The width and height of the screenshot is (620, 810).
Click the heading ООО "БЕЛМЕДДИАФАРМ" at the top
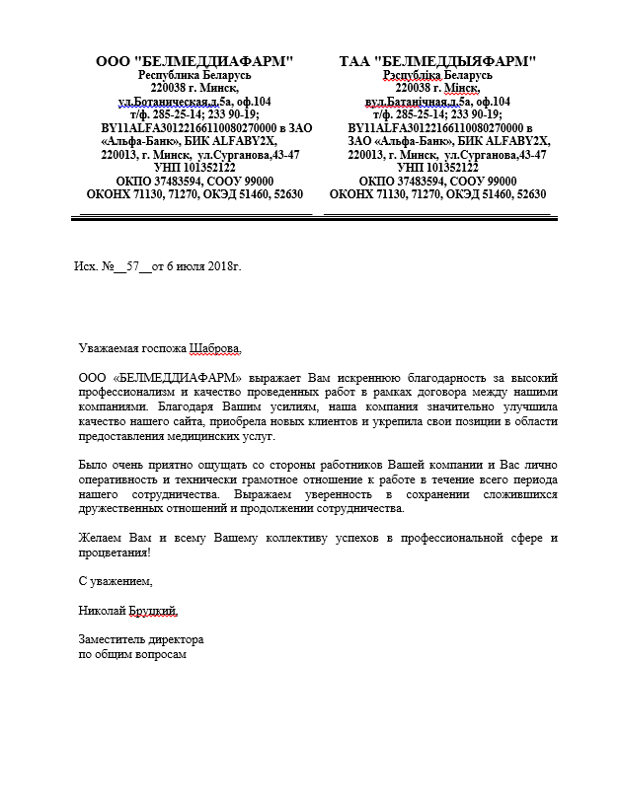194,61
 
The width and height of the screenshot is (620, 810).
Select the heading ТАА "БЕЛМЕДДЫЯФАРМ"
437,61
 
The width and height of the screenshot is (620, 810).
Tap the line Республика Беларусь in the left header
194,75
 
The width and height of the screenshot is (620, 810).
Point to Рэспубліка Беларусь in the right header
437,75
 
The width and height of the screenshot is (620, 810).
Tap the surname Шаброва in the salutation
206,347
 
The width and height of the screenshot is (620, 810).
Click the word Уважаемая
105,347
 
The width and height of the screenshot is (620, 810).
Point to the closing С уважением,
116,581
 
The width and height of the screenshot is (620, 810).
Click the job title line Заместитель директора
139,639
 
